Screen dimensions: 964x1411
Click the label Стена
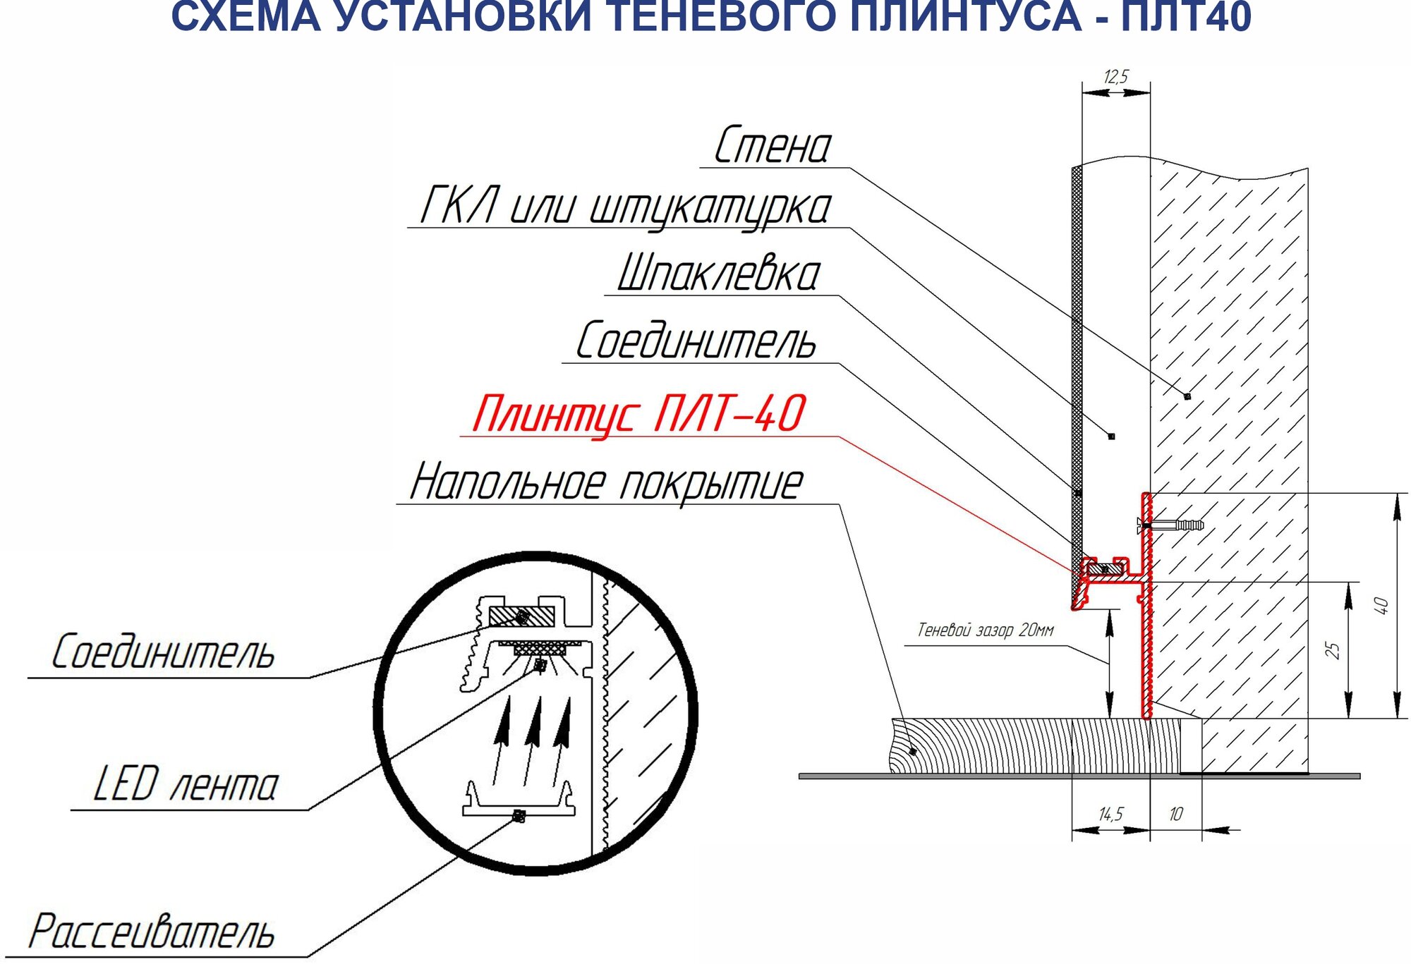coord(773,146)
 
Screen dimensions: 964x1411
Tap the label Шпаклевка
coord(719,274)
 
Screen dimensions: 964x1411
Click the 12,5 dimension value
coord(1116,76)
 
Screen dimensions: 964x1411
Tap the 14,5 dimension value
coord(1111,814)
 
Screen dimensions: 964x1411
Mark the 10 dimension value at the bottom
coord(1175,814)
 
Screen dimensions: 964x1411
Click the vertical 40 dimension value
coord(1381,606)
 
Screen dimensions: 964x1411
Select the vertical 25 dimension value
coord(1332,650)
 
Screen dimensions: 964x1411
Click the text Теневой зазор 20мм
coord(985,630)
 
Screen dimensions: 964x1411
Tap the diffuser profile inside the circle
coord(519,804)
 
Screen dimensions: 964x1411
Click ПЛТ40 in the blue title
coord(1186,17)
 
